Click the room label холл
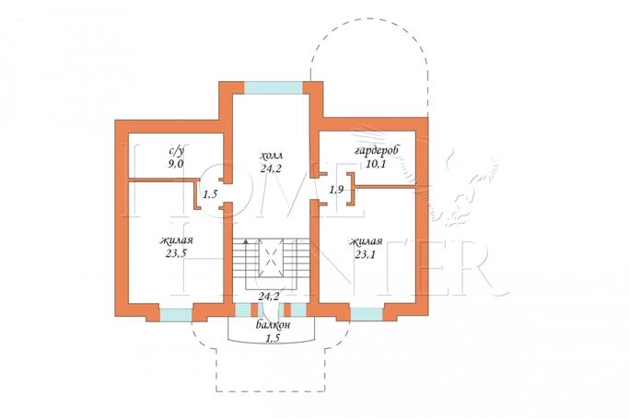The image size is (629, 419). point(271,156)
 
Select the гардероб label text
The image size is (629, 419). point(377,152)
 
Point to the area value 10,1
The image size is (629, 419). point(376,164)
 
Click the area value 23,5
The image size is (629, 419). point(176,253)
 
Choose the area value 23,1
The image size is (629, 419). point(365,254)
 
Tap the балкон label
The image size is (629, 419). point(274,325)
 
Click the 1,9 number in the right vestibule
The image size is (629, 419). point(336,190)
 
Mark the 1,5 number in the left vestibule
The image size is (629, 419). point(210,194)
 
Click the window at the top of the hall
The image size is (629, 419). point(273,87)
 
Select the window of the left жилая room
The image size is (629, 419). point(176,315)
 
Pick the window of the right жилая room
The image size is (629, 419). point(367,314)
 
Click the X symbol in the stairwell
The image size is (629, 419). point(271,257)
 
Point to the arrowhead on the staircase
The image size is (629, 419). point(246,241)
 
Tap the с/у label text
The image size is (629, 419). point(176,152)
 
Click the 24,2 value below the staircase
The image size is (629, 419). point(268,297)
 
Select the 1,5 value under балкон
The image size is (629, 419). point(273,338)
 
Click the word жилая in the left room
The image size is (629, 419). point(177,240)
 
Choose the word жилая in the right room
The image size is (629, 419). point(366,242)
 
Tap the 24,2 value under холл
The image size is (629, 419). point(271,169)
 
